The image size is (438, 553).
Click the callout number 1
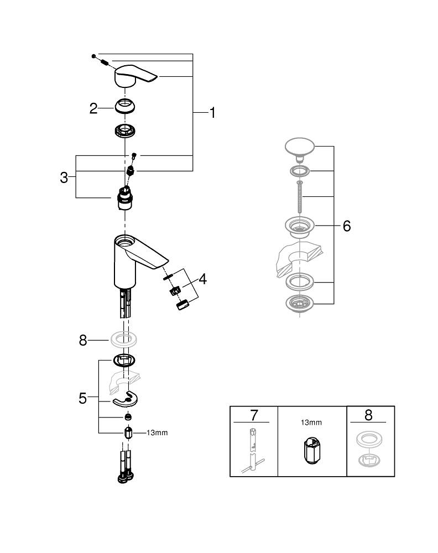point(212,113)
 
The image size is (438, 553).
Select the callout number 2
point(93,108)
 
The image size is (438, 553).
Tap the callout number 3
point(64,178)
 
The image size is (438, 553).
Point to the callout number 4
point(202,279)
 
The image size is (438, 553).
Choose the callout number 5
point(82,398)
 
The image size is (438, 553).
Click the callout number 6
point(347,226)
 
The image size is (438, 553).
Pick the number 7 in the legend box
point(253,415)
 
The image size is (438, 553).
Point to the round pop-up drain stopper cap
point(299,147)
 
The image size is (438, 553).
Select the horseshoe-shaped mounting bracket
point(126,399)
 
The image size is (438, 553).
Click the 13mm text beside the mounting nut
point(157,433)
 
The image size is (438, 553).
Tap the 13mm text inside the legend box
point(311,422)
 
